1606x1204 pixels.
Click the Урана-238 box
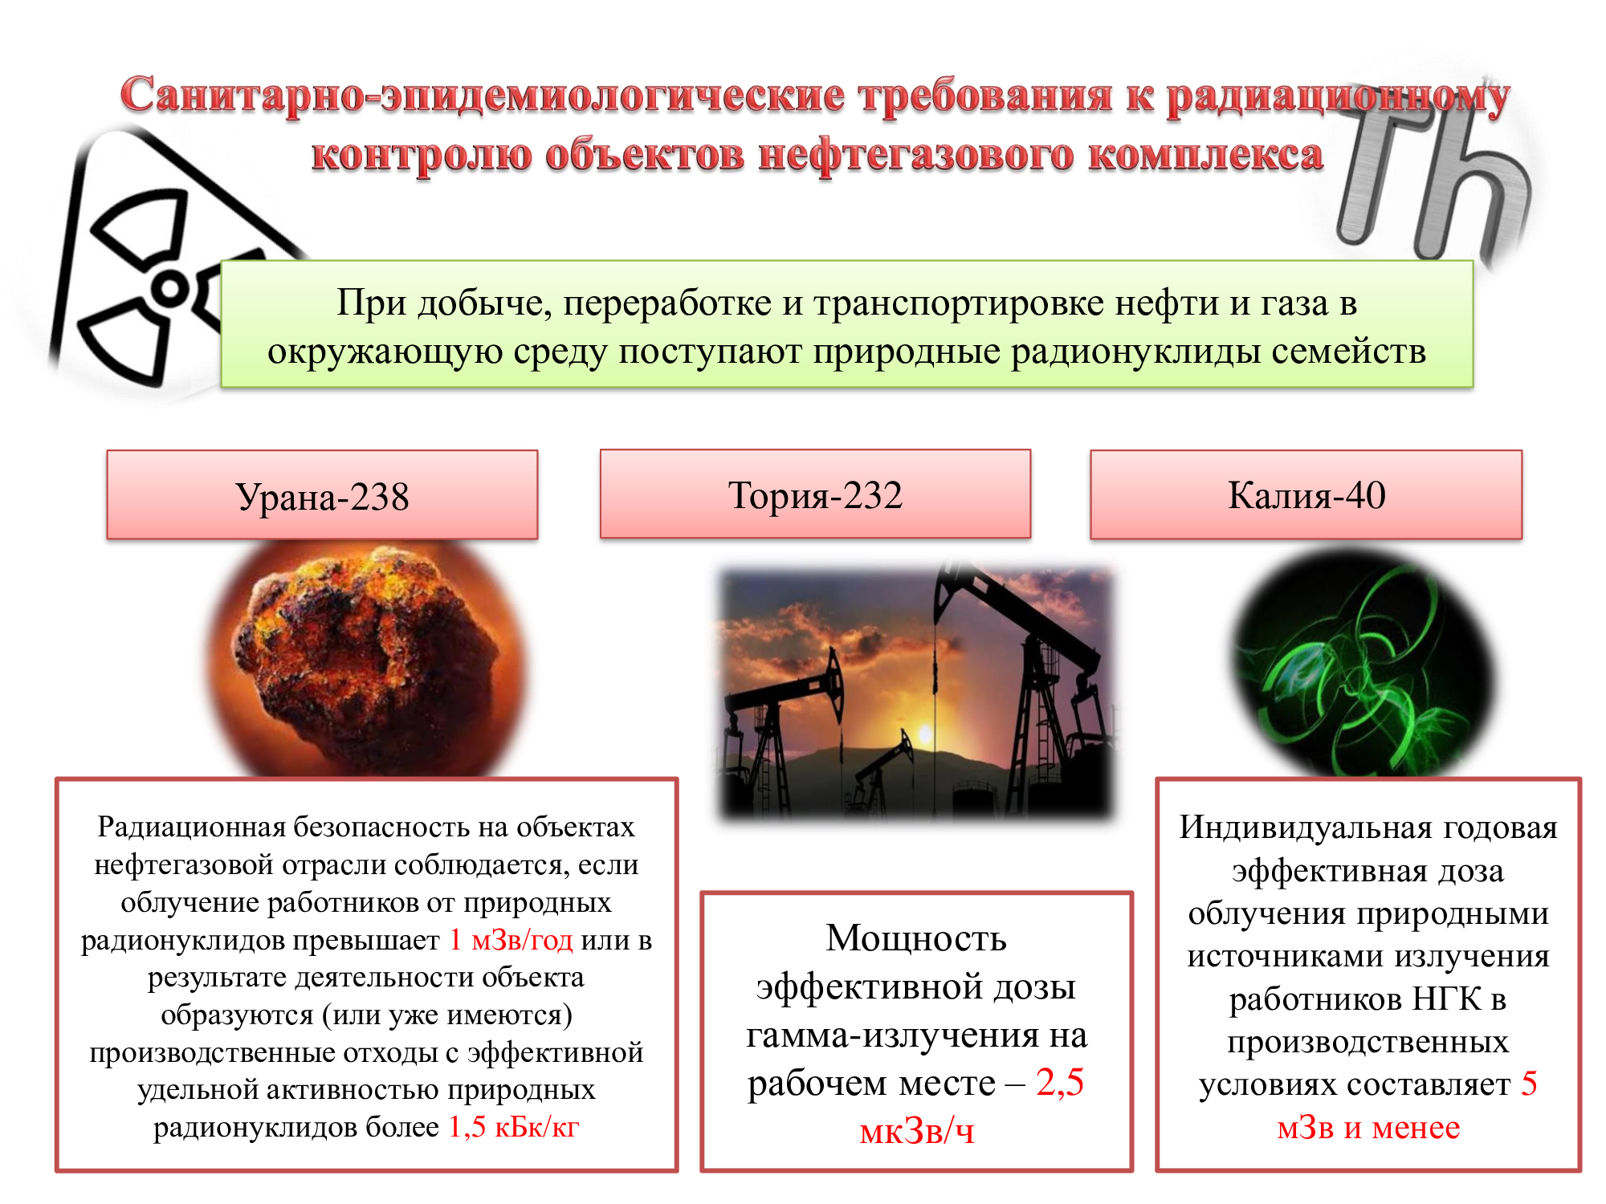(322, 496)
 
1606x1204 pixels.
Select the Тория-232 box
(815, 494)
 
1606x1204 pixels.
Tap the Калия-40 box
(1306, 494)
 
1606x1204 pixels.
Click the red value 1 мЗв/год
(511, 940)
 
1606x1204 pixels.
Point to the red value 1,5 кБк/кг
(513, 1128)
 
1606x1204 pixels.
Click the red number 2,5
(1059, 1082)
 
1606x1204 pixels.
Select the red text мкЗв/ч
(916, 1131)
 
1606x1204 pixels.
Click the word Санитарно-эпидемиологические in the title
(482, 95)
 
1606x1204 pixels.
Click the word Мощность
(916, 938)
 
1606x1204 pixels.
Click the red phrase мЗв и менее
(1368, 1128)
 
